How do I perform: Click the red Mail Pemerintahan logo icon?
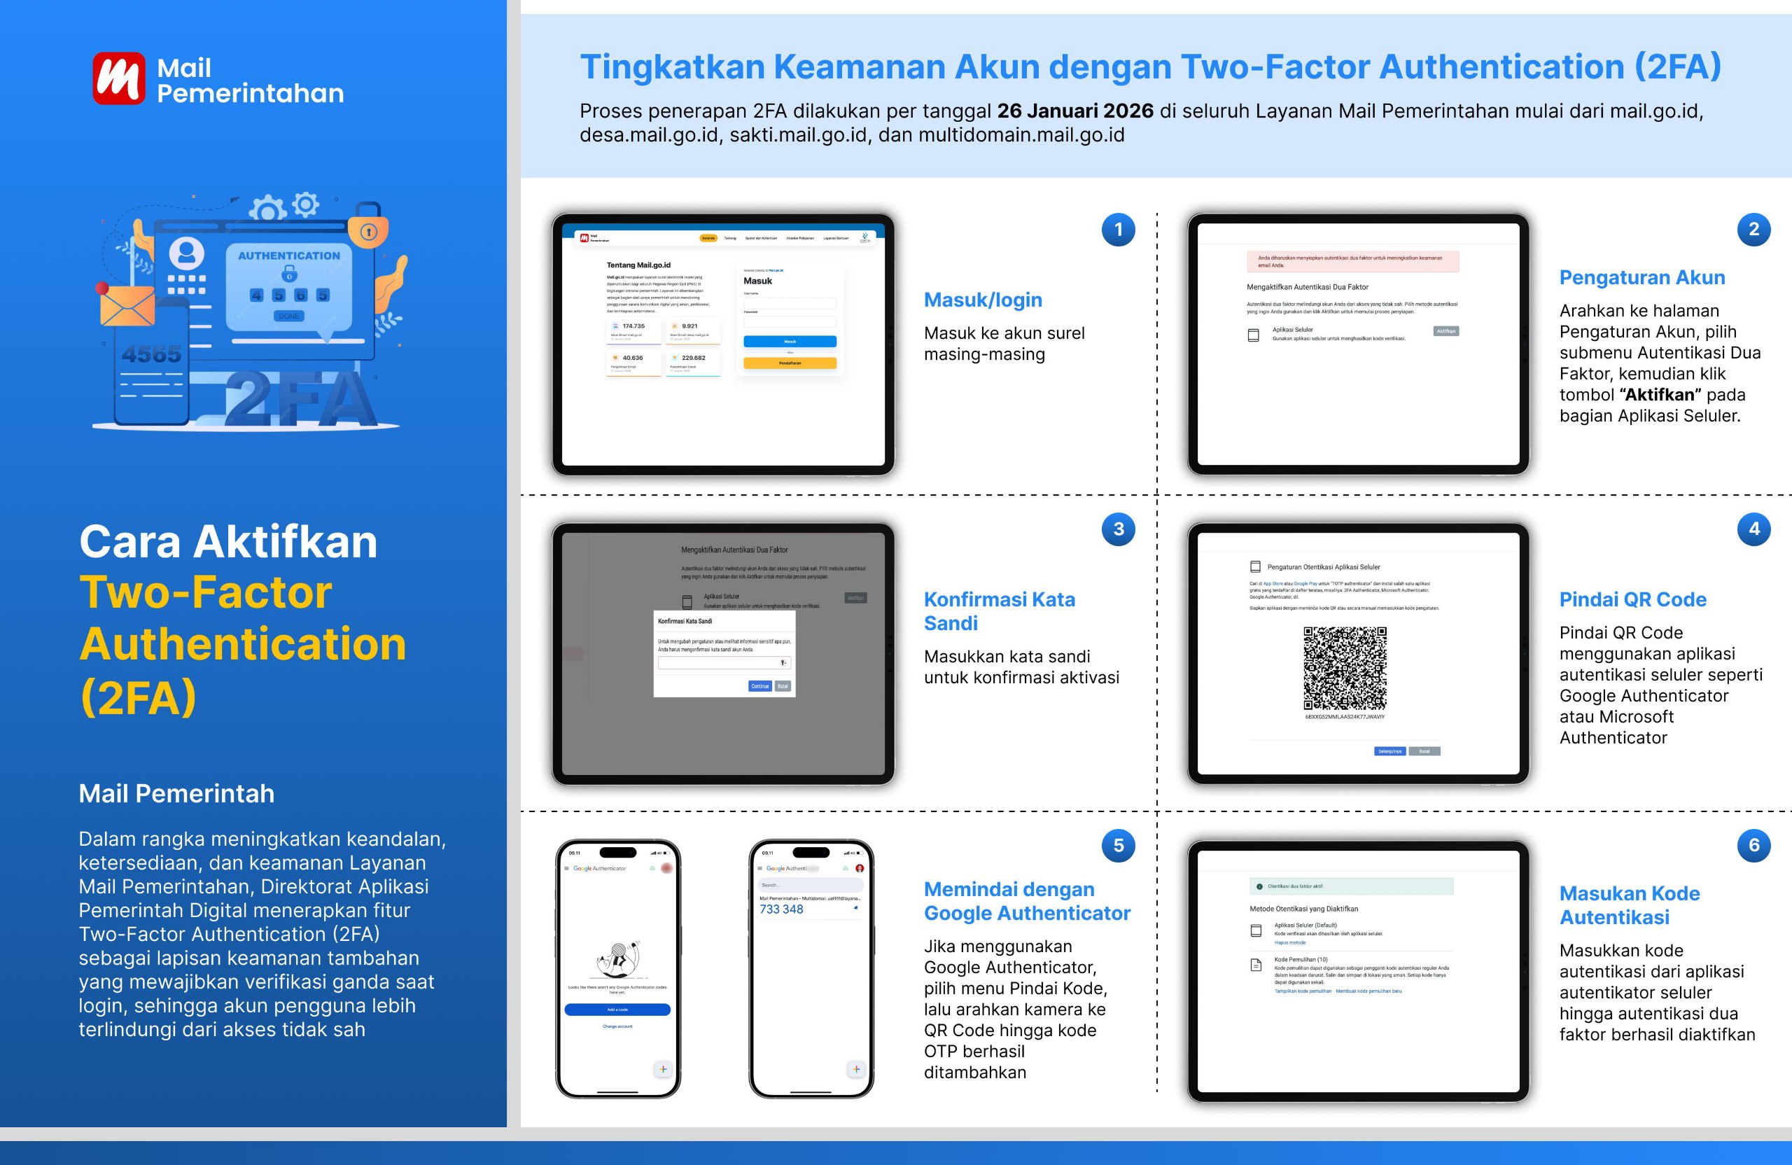coord(119,78)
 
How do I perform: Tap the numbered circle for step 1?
coord(1118,229)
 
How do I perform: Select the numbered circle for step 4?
coord(1753,529)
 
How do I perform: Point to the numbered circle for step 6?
coord(1753,845)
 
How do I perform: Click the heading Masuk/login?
coord(983,300)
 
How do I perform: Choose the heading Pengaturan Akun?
coord(1641,277)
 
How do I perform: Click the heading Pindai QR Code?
coord(1632,599)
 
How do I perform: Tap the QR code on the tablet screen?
coord(1345,668)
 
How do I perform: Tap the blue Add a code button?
coord(617,1010)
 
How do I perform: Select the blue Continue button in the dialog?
coord(759,686)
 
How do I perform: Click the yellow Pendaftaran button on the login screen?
coord(790,363)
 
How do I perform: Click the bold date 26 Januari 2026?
coord(1074,111)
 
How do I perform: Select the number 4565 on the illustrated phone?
coord(151,354)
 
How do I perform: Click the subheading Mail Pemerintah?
coord(176,793)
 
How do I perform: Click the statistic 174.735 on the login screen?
coord(633,326)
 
